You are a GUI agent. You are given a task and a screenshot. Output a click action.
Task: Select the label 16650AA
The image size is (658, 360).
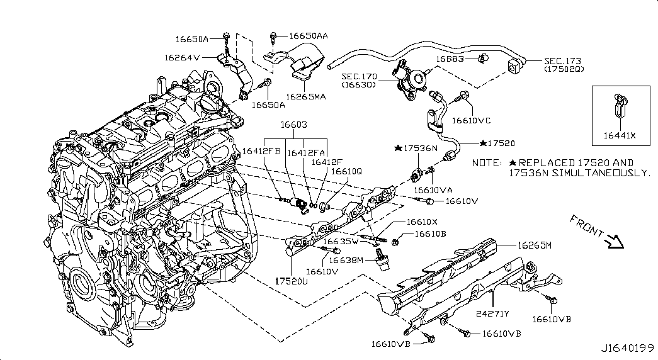pos(308,37)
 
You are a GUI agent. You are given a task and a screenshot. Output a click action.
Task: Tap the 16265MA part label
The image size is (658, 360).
pos(305,96)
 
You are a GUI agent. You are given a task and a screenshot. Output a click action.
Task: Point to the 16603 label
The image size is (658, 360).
pos(294,126)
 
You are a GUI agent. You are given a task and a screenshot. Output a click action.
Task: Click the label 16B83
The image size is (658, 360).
pos(450,59)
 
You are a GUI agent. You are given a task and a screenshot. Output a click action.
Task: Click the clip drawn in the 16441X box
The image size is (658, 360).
pos(620,106)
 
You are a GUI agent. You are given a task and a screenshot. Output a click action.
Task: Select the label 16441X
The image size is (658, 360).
pos(620,133)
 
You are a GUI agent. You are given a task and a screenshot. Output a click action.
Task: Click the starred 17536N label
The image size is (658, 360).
pos(416,148)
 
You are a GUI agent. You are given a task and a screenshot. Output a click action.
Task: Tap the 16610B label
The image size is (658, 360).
pos(430,233)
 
